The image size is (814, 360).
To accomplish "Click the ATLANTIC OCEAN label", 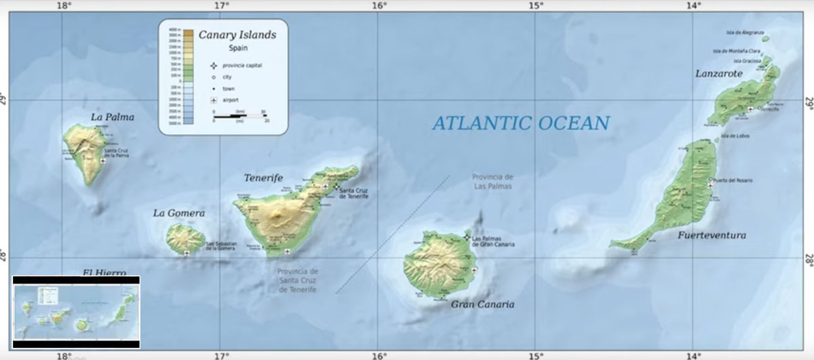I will click(x=521, y=123).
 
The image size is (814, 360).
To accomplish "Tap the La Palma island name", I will click(x=113, y=117).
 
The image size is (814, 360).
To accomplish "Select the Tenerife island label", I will click(x=263, y=178).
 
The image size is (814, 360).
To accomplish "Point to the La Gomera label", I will click(x=178, y=213).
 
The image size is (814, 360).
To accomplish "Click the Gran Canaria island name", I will click(x=482, y=304).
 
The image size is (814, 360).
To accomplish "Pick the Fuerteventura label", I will click(x=712, y=235).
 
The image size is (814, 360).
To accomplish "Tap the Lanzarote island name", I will click(x=719, y=73).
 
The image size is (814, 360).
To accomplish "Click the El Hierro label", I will click(x=104, y=273).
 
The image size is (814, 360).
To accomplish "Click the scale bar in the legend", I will click(x=239, y=117).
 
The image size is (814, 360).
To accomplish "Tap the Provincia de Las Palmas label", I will click(x=493, y=181).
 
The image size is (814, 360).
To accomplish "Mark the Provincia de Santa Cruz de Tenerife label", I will click(x=297, y=281).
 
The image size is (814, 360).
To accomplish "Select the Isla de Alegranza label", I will click(x=745, y=33).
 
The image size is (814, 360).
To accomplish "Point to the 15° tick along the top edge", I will click(x=536, y=6).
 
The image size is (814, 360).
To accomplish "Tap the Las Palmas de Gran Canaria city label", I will click(x=493, y=241).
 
